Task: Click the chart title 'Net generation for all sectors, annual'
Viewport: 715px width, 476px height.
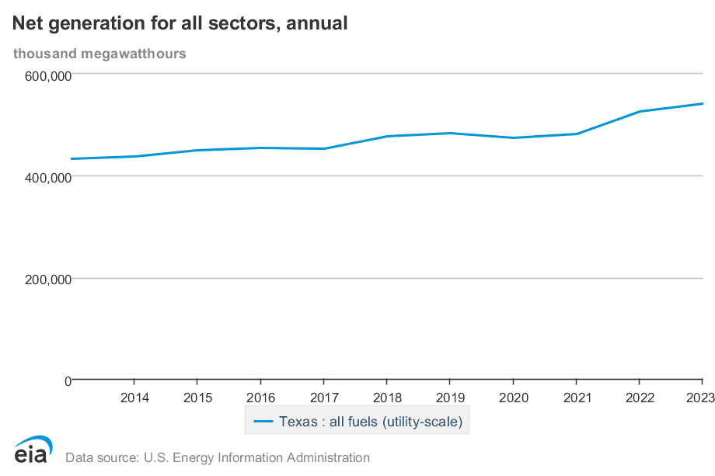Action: [x=180, y=24]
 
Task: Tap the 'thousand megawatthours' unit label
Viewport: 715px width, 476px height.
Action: [x=99, y=54]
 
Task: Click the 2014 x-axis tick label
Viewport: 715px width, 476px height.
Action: [x=134, y=398]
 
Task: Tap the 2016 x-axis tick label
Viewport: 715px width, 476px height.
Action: [x=260, y=398]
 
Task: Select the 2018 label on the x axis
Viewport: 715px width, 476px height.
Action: [x=386, y=398]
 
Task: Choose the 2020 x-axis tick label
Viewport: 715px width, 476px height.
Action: [x=513, y=398]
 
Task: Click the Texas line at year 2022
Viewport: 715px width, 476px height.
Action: [x=639, y=112]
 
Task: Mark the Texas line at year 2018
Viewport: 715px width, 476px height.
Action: [x=386, y=137]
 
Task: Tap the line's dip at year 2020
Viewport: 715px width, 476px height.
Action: [x=513, y=138]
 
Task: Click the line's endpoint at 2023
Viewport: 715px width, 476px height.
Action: [x=702, y=104]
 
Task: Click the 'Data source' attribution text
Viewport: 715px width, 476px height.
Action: [x=218, y=457]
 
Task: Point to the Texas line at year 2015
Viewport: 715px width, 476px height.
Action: [x=197, y=151]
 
